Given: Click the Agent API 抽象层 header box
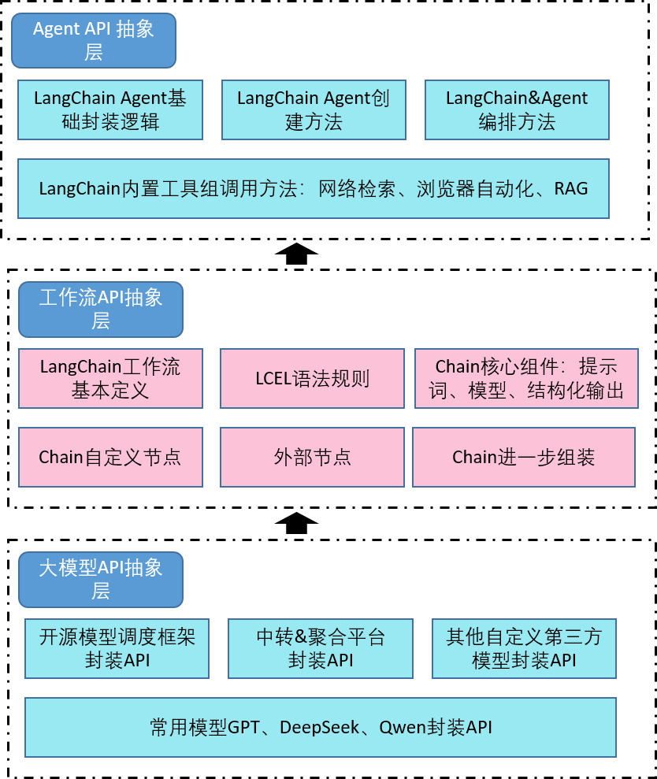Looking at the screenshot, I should point(93,41).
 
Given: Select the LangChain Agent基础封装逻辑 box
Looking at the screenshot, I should point(110,110).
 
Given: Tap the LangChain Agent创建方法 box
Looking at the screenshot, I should point(314,110).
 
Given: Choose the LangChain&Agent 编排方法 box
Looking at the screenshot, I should point(517,110).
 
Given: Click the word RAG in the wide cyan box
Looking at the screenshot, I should point(571,189).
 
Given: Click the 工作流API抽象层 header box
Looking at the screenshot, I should point(100,309).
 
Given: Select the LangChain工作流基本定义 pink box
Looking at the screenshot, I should point(110,378).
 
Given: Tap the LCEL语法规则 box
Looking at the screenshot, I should point(312,378).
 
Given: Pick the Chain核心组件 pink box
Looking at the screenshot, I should point(526,378).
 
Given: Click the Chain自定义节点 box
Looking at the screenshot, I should point(110,457).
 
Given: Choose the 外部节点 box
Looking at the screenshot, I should point(312,457).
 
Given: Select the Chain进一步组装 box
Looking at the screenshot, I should point(523,457).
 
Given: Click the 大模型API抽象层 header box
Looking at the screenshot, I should point(100,579).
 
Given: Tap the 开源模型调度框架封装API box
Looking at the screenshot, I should point(117,648).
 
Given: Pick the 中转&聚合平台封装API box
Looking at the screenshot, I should point(320,648).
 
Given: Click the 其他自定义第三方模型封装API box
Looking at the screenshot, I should point(524,648).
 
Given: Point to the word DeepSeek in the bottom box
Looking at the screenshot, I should point(320,727).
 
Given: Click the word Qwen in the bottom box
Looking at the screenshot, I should point(403,727).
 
